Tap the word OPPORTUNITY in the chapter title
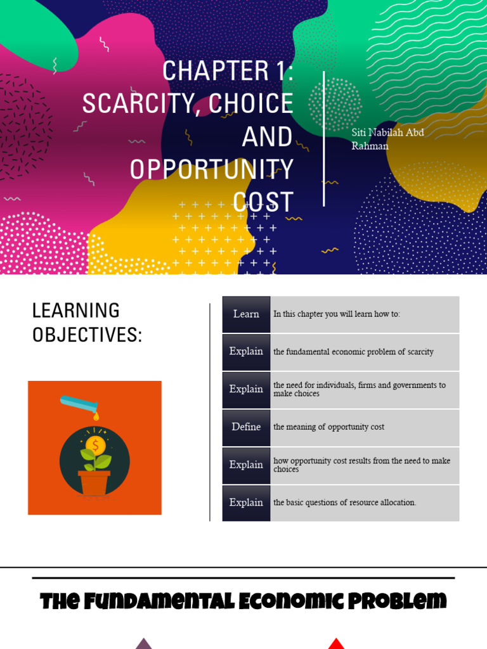point(212,169)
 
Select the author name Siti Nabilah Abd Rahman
point(387,139)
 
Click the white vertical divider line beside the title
point(323,139)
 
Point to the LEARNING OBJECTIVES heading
point(87,323)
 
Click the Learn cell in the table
point(246,314)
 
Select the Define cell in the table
point(246,427)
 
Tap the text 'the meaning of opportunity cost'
point(329,427)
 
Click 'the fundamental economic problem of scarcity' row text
point(353,352)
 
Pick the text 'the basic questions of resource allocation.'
point(344,503)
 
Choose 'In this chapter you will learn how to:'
point(336,314)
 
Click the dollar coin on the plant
point(96,446)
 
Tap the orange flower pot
point(94,482)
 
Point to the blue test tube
point(79,404)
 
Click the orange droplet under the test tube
point(96,416)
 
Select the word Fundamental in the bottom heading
point(159,601)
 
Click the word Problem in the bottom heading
point(397,601)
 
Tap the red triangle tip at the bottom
point(336,639)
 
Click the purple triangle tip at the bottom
point(144,639)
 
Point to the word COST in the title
point(263,202)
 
